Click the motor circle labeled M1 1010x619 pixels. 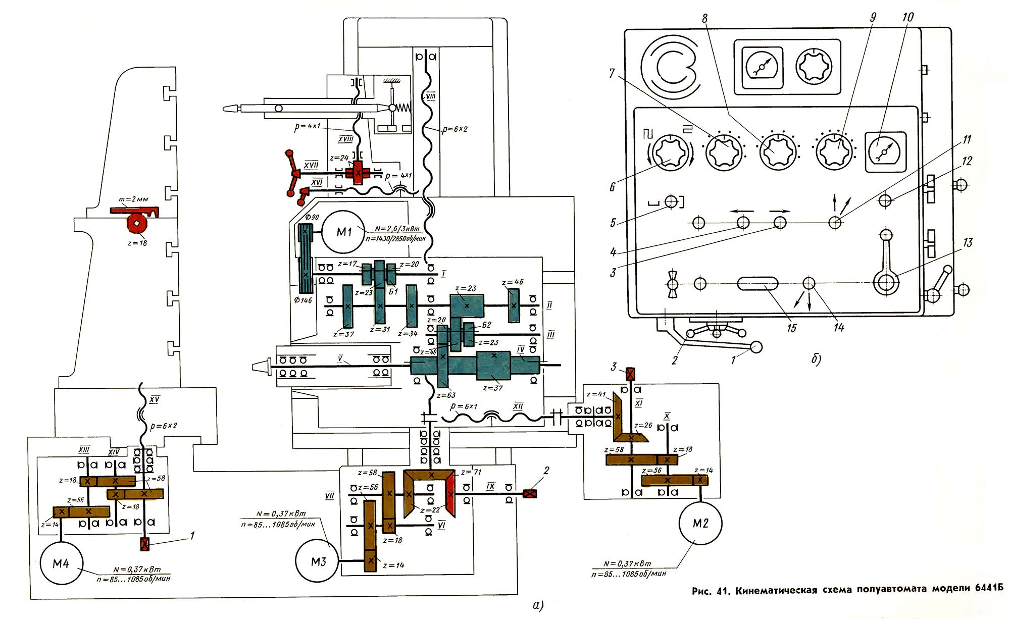pos(344,232)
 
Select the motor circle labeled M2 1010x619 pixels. pos(700,523)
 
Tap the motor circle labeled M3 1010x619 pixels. pos(318,561)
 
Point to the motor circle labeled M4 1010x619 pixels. pos(61,563)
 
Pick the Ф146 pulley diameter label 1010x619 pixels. pos(303,300)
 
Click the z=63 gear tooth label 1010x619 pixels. pos(446,395)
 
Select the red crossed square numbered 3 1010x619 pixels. pos(630,374)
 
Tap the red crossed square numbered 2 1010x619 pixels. pos(530,493)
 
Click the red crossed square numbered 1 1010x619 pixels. pos(145,544)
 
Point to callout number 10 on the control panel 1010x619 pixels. pos(907,17)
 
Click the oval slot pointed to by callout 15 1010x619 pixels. pos(757,283)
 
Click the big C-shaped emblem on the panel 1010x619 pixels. pos(669,66)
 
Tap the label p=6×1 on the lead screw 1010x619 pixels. pos(463,406)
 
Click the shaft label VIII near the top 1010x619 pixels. pos(430,96)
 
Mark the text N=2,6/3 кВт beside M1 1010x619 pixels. pos(397,229)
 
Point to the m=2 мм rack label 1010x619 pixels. pos(133,199)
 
